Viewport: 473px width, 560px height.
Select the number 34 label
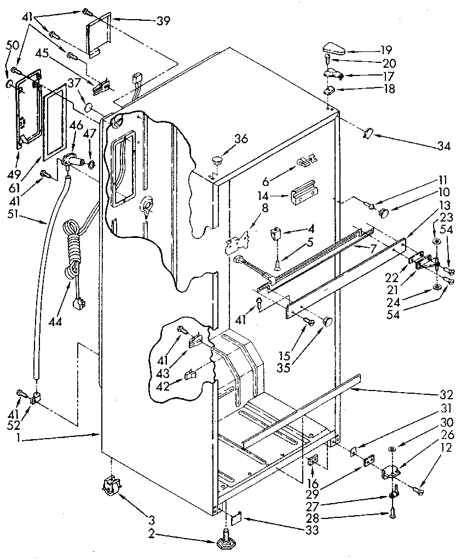tap(444, 146)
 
